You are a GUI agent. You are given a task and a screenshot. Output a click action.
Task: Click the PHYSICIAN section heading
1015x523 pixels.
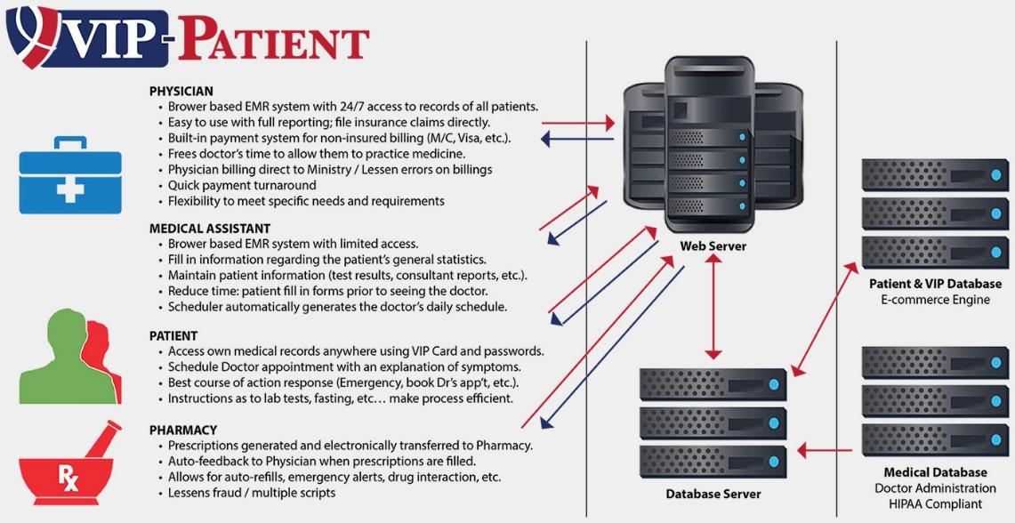[x=181, y=92]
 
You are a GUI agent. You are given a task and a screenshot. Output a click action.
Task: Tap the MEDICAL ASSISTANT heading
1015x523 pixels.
[x=210, y=229]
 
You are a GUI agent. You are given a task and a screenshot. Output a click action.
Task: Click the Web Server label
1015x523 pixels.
[x=713, y=245]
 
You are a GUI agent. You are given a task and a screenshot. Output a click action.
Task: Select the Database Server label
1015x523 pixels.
[x=713, y=493]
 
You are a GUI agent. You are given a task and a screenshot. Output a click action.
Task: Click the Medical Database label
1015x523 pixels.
[x=935, y=472]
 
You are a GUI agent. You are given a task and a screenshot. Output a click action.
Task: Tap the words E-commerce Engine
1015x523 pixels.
[x=935, y=300]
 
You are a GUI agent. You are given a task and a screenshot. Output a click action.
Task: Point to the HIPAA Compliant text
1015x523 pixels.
[x=935, y=504]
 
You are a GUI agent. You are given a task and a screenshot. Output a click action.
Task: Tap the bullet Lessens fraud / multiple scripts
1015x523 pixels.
[x=252, y=493]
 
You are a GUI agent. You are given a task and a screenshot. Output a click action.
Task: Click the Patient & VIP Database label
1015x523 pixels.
[x=935, y=284]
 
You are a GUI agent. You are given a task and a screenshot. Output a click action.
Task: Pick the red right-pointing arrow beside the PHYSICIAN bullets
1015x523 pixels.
[x=577, y=122]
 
